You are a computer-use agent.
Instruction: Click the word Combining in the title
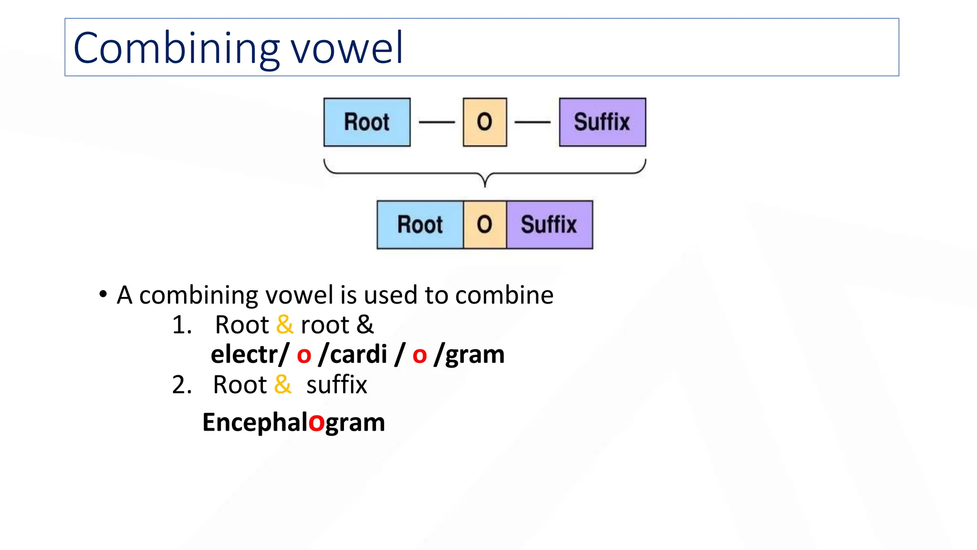(x=176, y=48)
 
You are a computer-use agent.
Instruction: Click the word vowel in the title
(x=347, y=48)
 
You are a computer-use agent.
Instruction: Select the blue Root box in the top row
(x=367, y=122)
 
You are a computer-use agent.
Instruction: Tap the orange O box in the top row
(x=485, y=122)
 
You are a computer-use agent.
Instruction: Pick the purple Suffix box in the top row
(x=602, y=122)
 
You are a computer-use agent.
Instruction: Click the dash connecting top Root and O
(x=437, y=122)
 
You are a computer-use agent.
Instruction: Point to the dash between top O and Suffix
(x=532, y=122)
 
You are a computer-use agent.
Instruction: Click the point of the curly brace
(x=485, y=184)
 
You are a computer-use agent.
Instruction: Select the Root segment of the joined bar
(x=420, y=225)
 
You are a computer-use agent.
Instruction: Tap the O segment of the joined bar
(x=485, y=225)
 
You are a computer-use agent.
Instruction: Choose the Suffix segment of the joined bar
(x=549, y=225)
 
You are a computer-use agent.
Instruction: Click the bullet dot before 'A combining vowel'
(x=103, y=294)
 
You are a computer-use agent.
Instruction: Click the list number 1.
(x=181, y=325)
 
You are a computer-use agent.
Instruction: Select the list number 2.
(x=181, y=385)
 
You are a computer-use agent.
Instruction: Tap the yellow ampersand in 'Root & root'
(x=285, y=325)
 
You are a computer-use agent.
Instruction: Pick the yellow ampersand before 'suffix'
(x=283, y=384)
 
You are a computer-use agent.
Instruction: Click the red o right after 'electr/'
(x=304, y=355)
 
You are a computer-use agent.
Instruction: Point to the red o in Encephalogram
(x=316, y=423)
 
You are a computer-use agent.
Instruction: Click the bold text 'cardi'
(x=358, y=354)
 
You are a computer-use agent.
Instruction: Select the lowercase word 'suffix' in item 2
(x=336, y=385)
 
